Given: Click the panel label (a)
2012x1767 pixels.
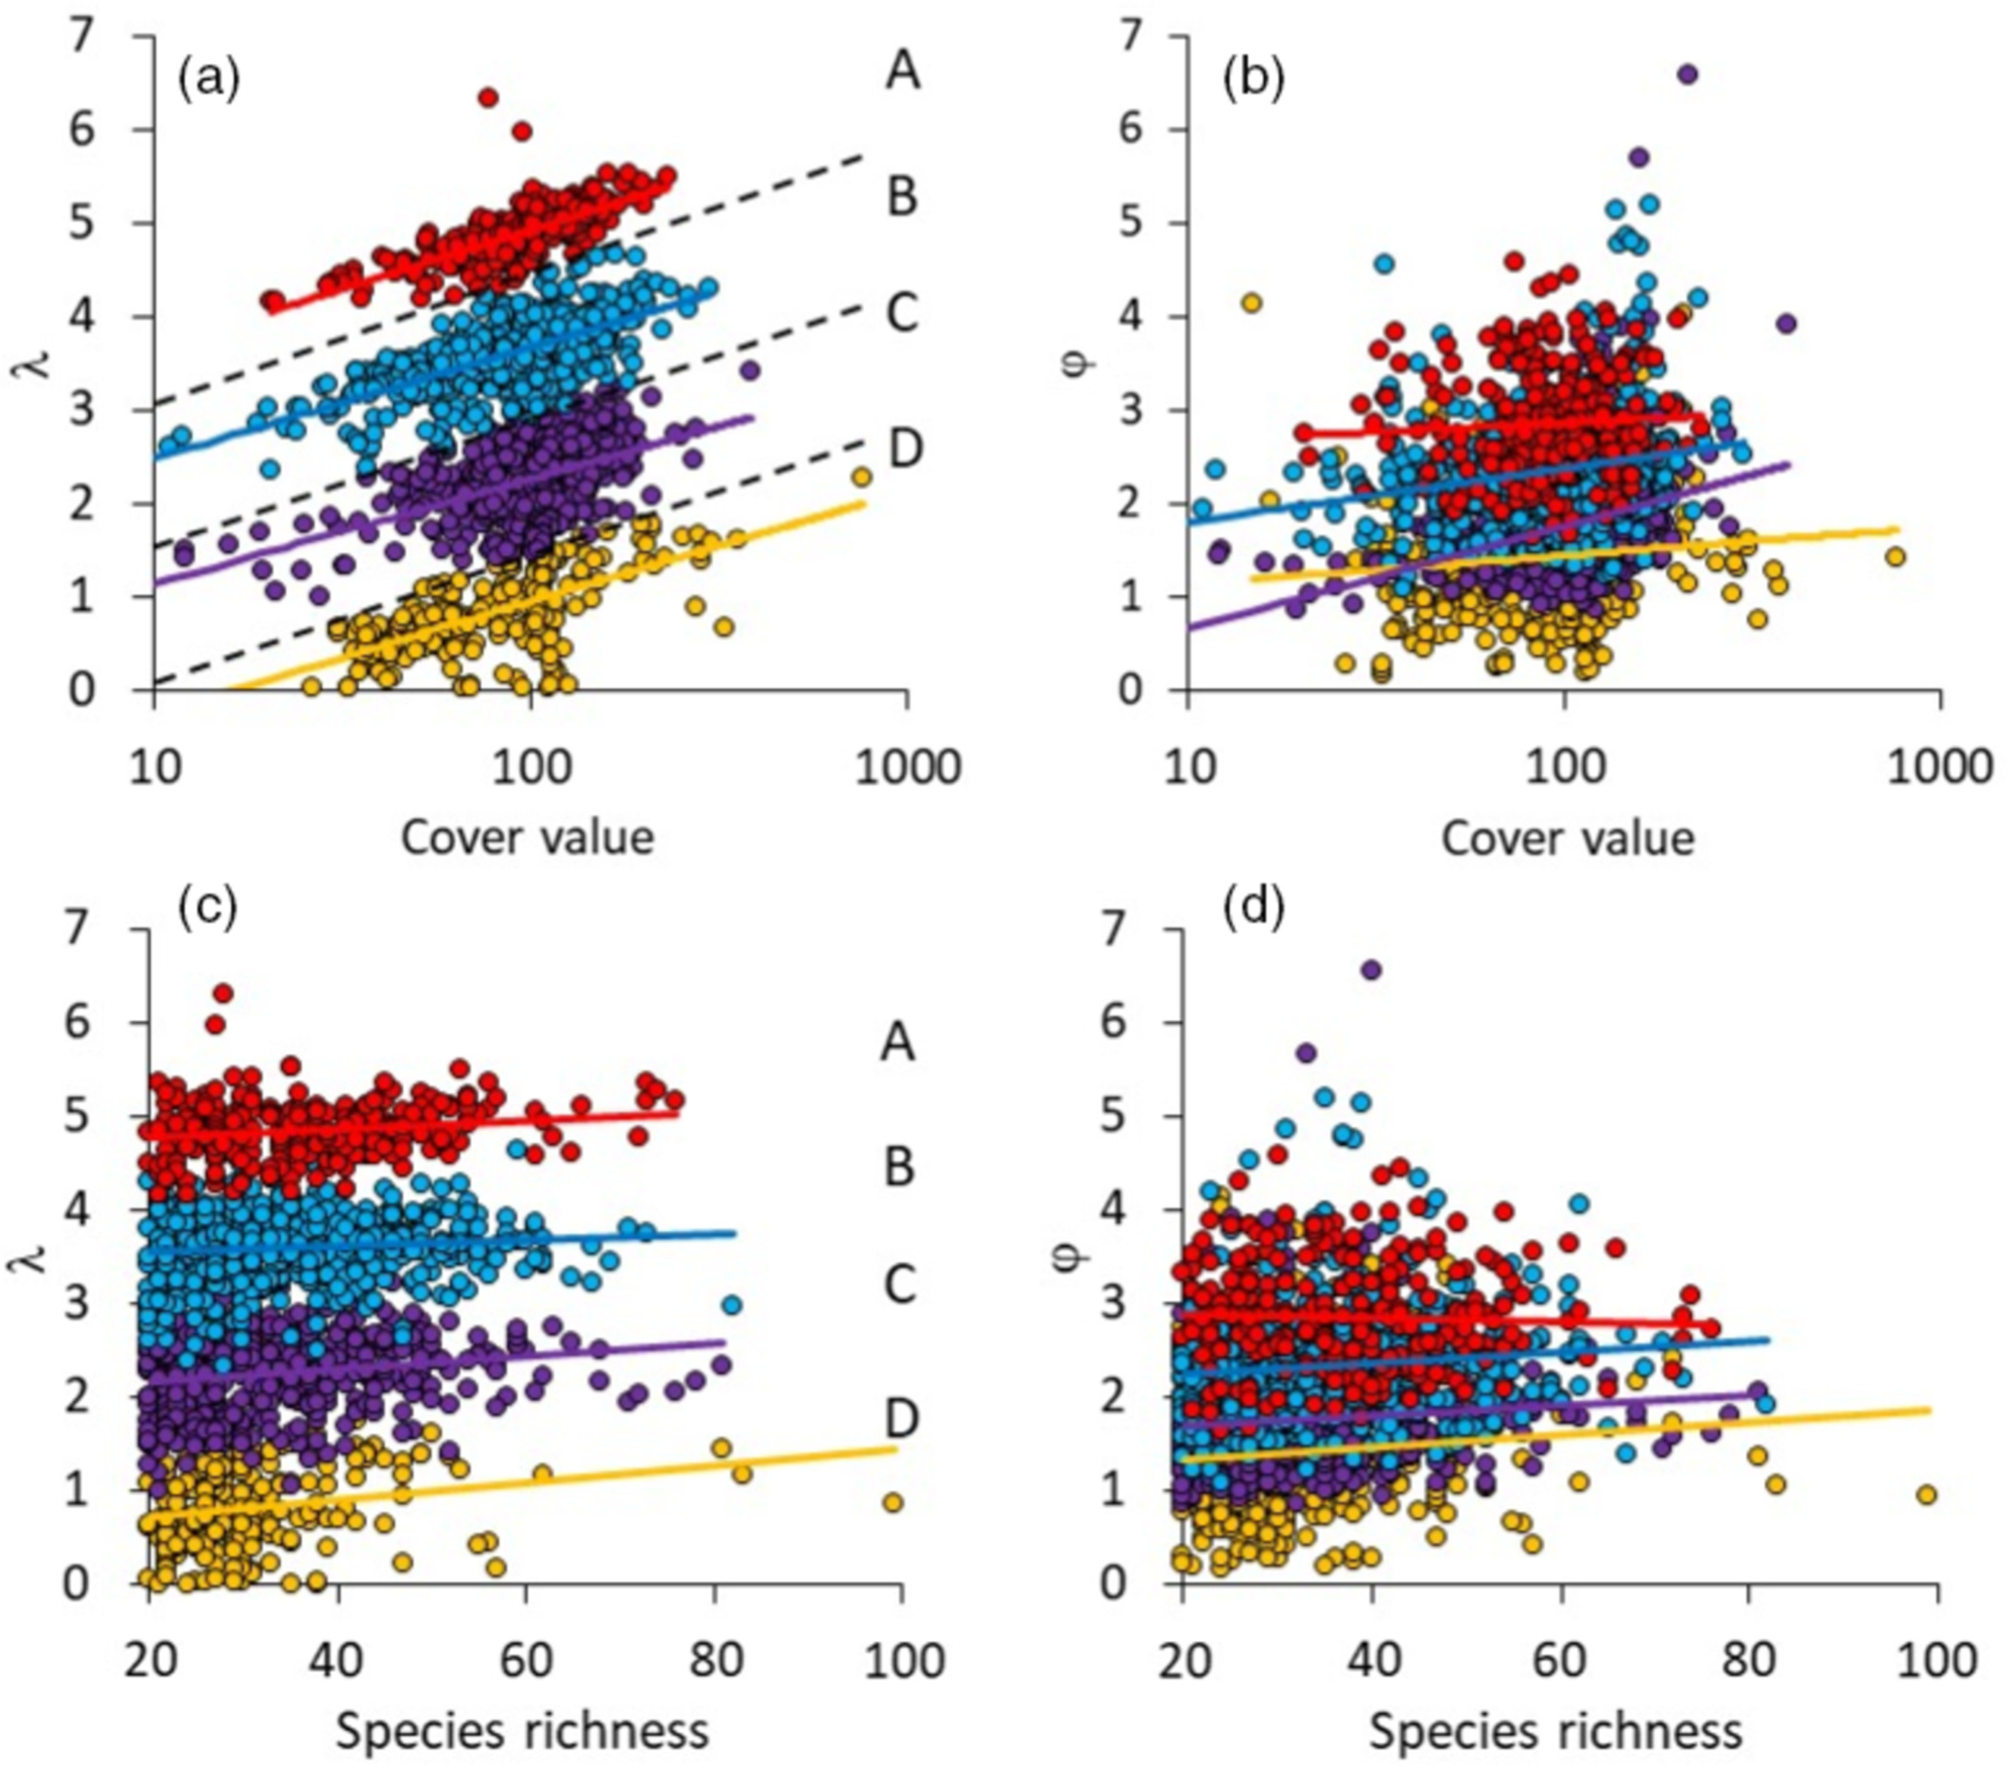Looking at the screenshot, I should point(208,78).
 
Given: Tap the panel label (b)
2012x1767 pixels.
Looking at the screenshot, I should point(1253,78).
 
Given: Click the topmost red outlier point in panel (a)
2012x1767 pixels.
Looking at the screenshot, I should point(488,97).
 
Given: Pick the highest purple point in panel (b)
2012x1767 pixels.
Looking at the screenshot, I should point(1687,74).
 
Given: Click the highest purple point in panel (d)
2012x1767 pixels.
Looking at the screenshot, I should point(1371,971).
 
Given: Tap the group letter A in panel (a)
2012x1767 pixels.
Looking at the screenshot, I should point(903,71).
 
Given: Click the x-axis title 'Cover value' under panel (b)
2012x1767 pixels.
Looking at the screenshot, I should point(1567,839).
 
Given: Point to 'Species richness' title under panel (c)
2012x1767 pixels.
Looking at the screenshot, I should point(522,1730).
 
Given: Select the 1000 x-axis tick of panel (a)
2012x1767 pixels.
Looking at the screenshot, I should point(908,767).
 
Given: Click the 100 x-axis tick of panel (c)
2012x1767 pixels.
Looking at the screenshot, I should point(901,1661).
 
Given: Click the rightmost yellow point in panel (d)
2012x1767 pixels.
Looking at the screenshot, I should point(1926,1496).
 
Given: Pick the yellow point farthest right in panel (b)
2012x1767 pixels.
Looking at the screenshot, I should point(1895,557).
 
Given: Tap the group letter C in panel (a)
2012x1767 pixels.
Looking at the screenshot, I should point(903,313).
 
